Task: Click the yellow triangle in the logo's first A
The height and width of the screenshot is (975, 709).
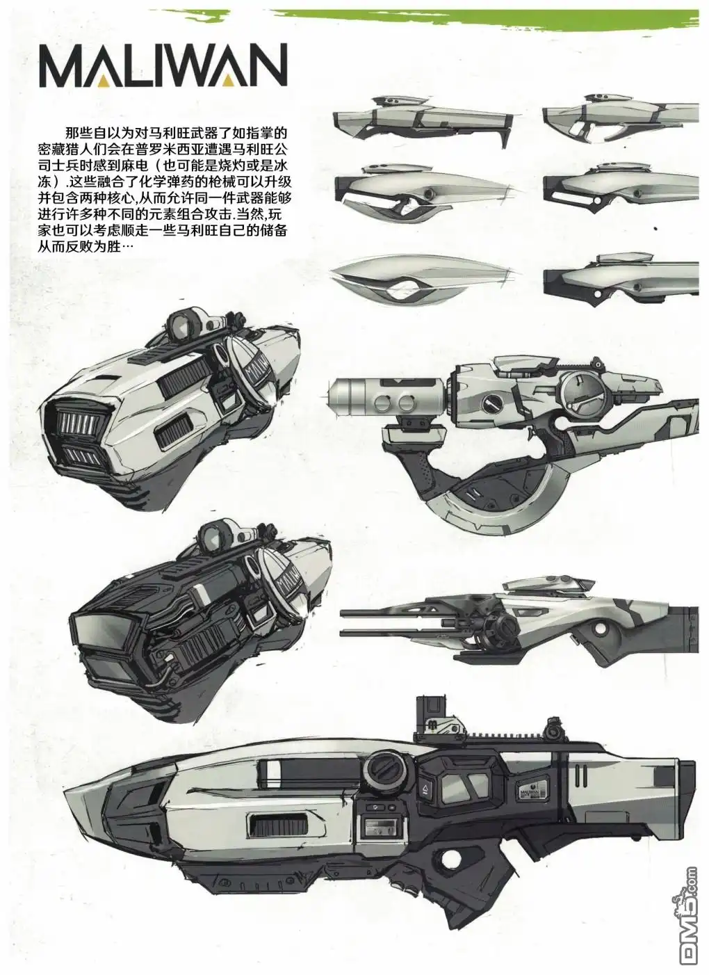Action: [104, 80]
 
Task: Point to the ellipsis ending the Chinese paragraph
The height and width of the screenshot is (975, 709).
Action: [128, 247]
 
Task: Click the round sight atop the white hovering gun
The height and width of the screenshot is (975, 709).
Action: [184, 323]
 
